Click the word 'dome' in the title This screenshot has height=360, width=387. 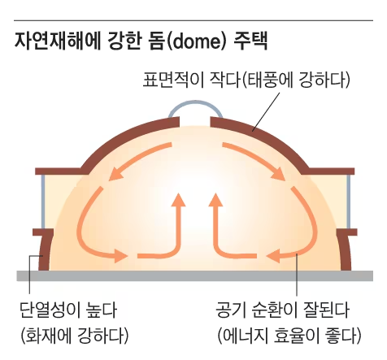pyautogui.click(x=196, y=41)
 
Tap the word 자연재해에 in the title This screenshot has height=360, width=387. pyautogui.click(x=58, y=41)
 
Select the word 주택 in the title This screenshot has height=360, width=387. pyautogui.click(x=250, y=41)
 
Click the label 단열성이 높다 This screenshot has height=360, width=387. pyautogui.click(x=68, y=310)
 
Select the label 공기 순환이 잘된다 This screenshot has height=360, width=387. pyautogui.click(x=283, y=310)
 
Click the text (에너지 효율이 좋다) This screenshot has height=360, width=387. pyautogui.click(x=289, y=336)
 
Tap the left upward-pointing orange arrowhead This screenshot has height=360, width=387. pyautogui.click(x=178, y=200)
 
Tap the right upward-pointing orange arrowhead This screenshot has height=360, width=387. pyautogui.click(x=215, y=200)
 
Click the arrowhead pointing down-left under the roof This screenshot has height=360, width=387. pyautogui.click(x=115, y=174)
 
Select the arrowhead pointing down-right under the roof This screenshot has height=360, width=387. pyautogui.click(x=277, y=174)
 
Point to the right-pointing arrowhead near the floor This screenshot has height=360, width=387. pyautogui.click(x=120, y=256)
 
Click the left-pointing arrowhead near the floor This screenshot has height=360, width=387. pyautogui.click(x=273, y=256)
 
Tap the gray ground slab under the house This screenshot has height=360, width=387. pyautogui.click(x=194, y=275)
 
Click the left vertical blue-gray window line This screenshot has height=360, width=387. pyautogui.click(x=43, y=202)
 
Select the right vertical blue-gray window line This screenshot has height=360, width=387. pyautogui.click(x=349, y=202)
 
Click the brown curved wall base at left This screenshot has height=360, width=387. pyautogui.click(x=43, y=250)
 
